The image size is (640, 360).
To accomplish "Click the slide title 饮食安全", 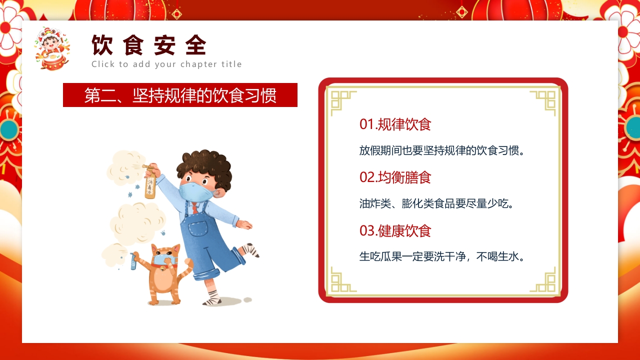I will click(x=149, y=46).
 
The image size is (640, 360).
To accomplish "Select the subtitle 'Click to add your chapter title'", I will click(x=166, y=64).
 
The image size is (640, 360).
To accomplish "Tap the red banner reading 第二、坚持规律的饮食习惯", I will click(x=180, y=95).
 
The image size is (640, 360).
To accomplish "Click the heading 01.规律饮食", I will click(x=395, y=124).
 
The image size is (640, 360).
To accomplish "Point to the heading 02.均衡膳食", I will click(x=395, y=177).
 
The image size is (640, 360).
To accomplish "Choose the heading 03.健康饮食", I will click(x=395, y=230).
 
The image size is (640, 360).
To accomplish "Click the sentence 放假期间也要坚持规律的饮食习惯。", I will click(x=443, y=150).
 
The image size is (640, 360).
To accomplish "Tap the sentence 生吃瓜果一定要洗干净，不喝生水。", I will click(x=443, y=257).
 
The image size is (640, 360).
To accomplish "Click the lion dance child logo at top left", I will click(x=51, y=48).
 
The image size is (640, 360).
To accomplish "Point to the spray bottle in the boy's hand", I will click(x=150, y=183).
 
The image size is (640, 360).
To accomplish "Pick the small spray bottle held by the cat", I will click(x=133, y=261).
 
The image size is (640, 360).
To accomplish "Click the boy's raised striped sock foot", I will click(x=250, y=249).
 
